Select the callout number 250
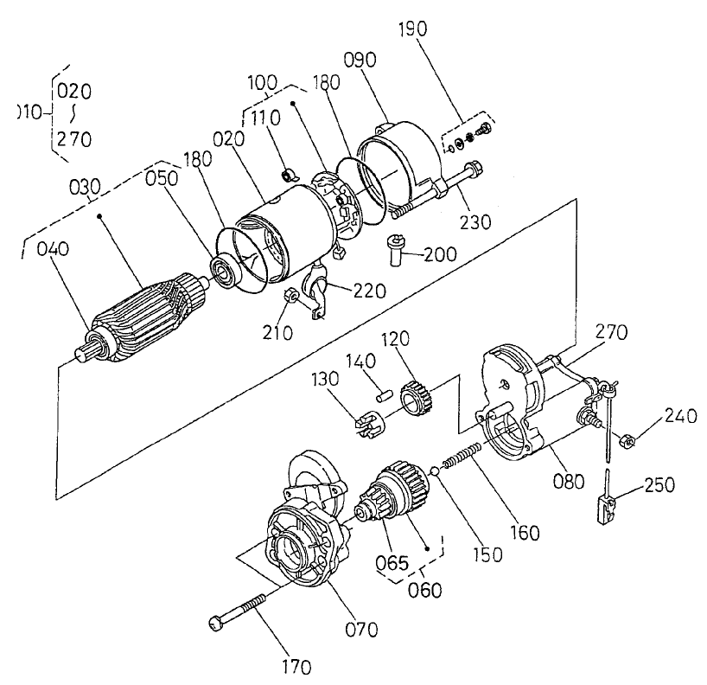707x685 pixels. coord(660,485)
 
